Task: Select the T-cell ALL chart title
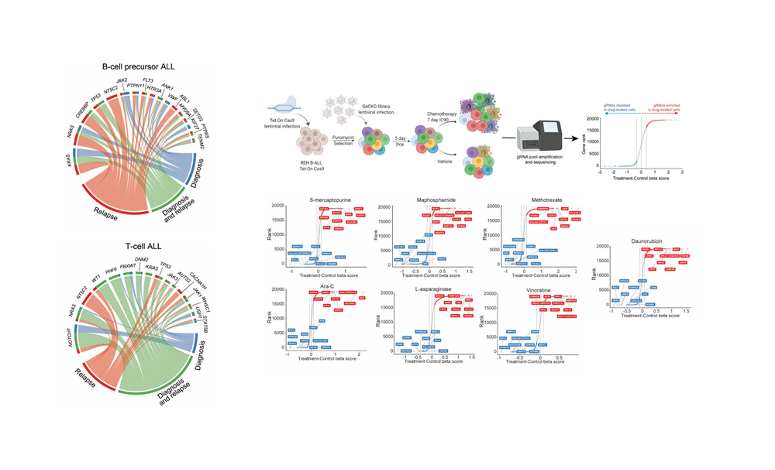(x=143, y=246)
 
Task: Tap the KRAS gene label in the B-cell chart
(x=70, y=160)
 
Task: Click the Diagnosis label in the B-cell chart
(x=197, y=173)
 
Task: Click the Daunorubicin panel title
(x=646, y=241)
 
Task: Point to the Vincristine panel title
(x=538, y=290)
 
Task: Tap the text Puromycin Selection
(x=343, y=140)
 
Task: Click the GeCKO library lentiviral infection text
(x=376, y=109)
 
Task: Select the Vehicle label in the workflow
(x=444, y=162)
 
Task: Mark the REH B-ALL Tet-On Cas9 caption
(x=312, y=166)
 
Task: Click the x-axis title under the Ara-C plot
(x=327, y=359)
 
